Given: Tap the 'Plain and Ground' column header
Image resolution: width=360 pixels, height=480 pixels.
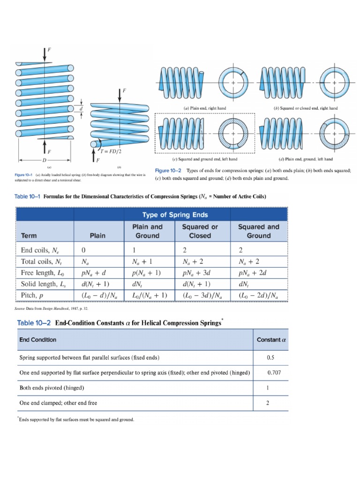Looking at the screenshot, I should point(147,231).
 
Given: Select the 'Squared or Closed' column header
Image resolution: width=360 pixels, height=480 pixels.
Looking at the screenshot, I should point(200,231).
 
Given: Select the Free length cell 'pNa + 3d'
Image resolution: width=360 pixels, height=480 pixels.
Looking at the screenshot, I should point(199,273).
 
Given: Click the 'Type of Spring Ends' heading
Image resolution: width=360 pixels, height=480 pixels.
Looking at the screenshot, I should point(181,215).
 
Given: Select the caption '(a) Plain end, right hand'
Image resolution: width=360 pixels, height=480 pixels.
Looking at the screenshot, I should point(205,108).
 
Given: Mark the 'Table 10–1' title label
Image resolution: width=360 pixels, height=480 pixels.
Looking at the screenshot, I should point(29,197).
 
